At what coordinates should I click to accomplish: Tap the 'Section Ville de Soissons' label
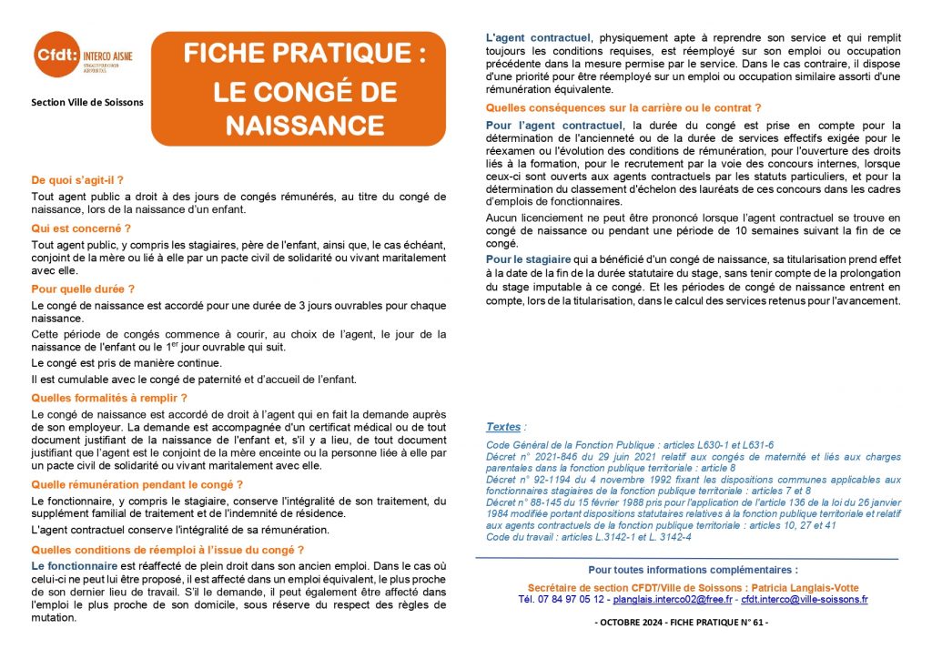click(86, 102)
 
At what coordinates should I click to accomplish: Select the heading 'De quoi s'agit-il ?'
click(77, 180)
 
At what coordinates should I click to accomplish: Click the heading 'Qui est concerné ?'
click(81, 228)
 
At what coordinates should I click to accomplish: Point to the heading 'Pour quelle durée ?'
click(83, 289)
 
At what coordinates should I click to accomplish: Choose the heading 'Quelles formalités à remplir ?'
click(109, 398)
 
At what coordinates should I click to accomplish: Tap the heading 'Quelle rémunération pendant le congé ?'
click(137, 484)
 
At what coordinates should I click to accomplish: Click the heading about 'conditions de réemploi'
click(167, 550)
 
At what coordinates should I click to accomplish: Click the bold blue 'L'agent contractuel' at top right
click(538, 38)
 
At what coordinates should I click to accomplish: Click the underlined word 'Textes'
click(503, 426)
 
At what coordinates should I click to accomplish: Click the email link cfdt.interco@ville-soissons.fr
click(804, 600)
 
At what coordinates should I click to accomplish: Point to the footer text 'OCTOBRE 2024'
click(641, 623)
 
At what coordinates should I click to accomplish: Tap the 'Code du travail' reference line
click(588, 537)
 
